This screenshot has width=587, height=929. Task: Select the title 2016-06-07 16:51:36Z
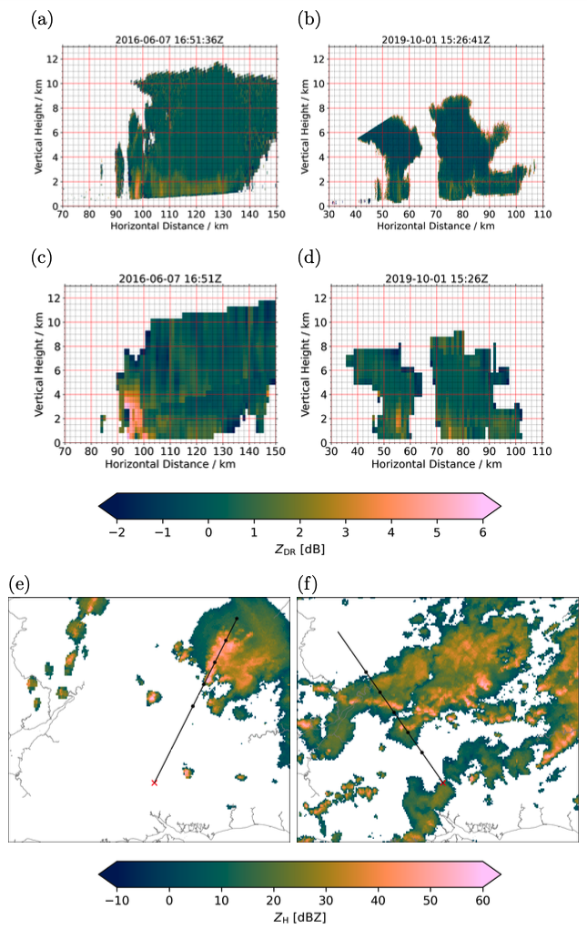pos(170,39)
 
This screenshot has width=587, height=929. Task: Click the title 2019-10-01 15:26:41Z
pos(436,39)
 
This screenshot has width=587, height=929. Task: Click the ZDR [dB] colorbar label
pos(299,551)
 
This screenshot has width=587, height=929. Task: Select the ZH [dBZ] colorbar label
pos(299,917)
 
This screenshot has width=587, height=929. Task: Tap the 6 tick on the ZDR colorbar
pos(481,531)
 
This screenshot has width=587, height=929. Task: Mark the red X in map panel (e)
pos(154,783)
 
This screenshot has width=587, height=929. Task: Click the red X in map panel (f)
pos(443,783)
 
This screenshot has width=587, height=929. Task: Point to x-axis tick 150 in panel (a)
pos(276,215)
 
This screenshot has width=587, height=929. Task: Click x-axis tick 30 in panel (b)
pos(330,215)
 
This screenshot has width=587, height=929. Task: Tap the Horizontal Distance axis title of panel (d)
pos(436,464)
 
